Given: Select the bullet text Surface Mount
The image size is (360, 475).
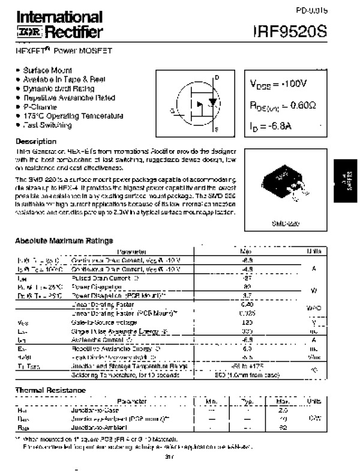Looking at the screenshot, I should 48,70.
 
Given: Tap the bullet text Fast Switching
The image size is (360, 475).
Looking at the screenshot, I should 47,125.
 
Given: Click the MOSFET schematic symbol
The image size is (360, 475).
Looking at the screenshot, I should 194,103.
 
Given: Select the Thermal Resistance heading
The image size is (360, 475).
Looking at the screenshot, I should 50,390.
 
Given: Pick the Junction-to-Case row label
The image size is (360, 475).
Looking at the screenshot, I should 90,409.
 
